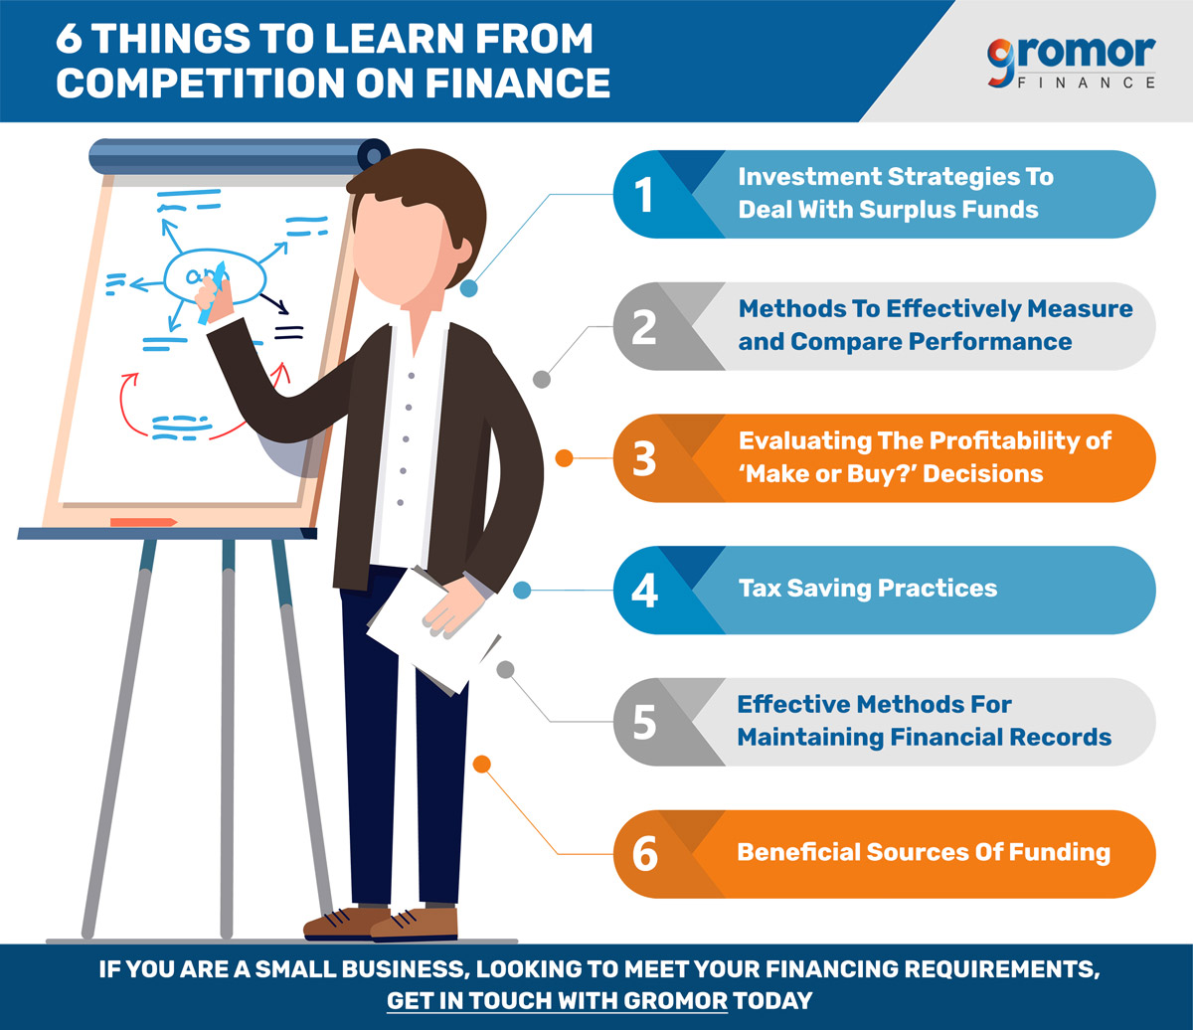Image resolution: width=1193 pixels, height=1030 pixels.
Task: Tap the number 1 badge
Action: (643, 195)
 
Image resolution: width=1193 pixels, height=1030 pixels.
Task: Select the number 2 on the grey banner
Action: (644, 327)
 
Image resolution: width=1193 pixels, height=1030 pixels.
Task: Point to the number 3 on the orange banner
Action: (644, 459)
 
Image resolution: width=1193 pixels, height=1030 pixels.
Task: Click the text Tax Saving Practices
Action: (868, 589)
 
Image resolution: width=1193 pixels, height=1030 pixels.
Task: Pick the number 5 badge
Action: (644, 722)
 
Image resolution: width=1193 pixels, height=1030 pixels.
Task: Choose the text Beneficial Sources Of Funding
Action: (924, 853)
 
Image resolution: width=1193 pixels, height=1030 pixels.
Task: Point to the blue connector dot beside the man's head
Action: (468, 288)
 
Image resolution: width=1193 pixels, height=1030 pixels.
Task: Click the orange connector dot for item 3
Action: (564, 458)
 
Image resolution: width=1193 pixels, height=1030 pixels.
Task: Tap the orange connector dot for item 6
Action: (482, 765)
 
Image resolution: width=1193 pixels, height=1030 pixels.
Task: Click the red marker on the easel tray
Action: (144, 523)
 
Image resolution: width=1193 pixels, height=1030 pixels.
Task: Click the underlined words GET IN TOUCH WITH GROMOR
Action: (557, 1000)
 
